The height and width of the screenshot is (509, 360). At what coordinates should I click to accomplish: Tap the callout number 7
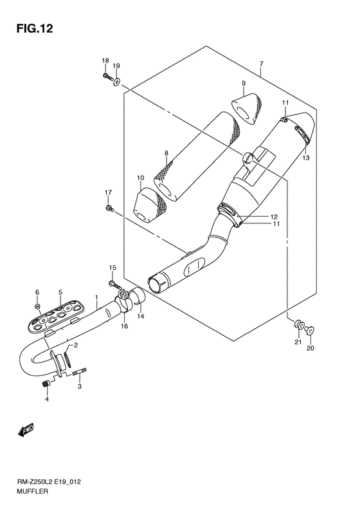click(x=261, y=64)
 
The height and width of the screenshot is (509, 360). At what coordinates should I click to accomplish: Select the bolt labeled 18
click(x=106, y=78)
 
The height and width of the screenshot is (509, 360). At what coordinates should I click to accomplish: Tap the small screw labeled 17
click(x=110, y=208)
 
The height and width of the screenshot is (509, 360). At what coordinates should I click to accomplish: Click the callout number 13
click(x=306, y=158)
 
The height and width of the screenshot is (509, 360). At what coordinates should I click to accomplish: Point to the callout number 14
click(x=141, y=317)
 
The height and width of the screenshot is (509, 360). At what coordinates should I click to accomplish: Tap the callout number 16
click(x=125, y=326)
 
